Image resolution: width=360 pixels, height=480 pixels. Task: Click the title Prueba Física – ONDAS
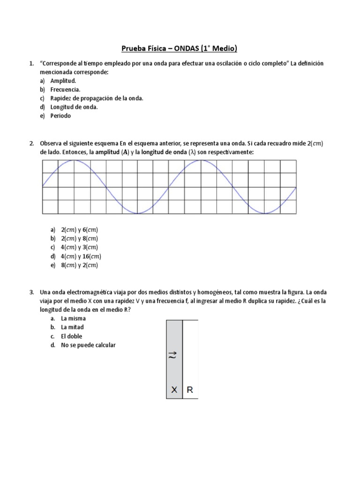click(180, 48)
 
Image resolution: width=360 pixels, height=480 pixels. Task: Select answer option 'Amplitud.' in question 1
click(63, 81)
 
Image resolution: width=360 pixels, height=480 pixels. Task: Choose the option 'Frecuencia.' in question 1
click(65, 89)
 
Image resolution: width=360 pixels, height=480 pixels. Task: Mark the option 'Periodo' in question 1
click(61, 116)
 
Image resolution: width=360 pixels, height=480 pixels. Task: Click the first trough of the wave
click(137, 213)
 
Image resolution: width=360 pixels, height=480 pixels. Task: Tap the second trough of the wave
click(265, 213)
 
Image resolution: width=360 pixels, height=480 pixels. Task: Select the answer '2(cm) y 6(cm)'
click(79, 230)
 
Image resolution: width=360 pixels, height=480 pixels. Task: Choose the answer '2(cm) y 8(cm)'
click(79, 239)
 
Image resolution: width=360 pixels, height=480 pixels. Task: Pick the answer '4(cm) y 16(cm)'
click(81, 256)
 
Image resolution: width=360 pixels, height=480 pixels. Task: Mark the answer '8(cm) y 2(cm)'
click(79, 265)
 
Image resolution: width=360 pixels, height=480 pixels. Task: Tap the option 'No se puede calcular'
click(88, 345)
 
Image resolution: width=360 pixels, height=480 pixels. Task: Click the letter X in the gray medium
click(174, 390)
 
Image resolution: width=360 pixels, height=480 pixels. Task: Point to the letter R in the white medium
click(190, 390)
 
